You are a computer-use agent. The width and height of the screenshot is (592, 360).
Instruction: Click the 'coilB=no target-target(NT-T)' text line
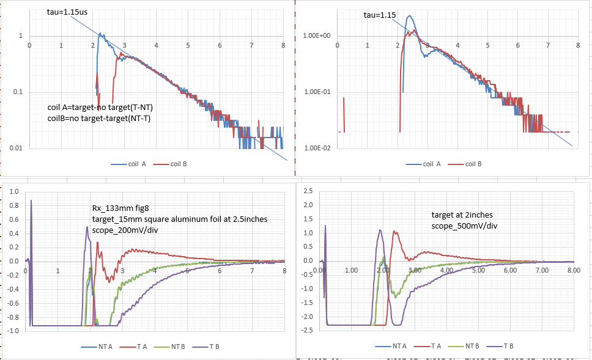[98, 118]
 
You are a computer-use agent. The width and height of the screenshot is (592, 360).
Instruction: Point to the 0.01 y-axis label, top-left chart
[17, 148]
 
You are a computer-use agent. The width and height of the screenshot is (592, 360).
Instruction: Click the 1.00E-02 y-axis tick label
[317, 148]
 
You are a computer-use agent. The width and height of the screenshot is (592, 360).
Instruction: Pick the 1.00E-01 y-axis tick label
[317, 92]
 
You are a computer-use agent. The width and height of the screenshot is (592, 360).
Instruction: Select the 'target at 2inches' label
[461, 215]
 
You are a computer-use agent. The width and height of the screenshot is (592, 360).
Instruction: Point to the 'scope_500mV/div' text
[464, 226]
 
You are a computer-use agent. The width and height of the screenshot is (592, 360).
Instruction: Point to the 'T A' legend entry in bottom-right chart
[438, 347]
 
